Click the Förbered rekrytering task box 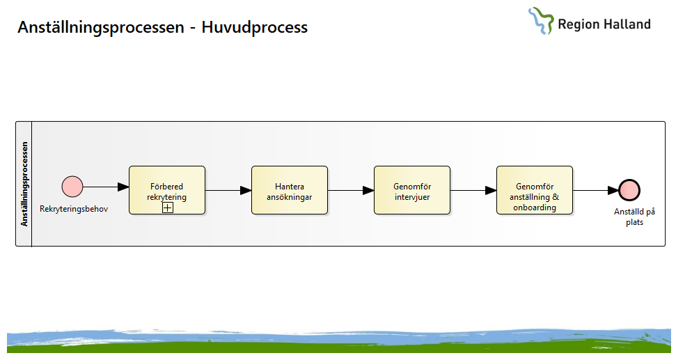[x=167, y=190]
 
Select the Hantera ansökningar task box [x=290, y=190]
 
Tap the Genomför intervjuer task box [x=412, y=190]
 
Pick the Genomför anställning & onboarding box [x=535, y=190]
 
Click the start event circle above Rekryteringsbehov [x=72, y=187]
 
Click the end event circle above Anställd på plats [x=629, y=190]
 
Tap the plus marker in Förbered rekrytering [x=168, y=208]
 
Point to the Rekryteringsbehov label [x=74, y=209]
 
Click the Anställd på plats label [x=635, y=217]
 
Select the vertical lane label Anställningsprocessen [x=24, y=184]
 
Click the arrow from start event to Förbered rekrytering [x=106, y=187]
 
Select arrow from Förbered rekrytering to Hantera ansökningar [x=228, y=191]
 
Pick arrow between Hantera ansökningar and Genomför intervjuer [x=351, y=191]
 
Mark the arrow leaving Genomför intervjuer [x=473, y=191]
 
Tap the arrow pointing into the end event [x=596, y=191]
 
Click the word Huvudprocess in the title [x=255, y=27]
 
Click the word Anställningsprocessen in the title [x=101, y=27]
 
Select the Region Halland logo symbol [x=541, y=21]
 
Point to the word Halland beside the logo [x=627, y=24]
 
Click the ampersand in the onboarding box [x=555, y=197]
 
